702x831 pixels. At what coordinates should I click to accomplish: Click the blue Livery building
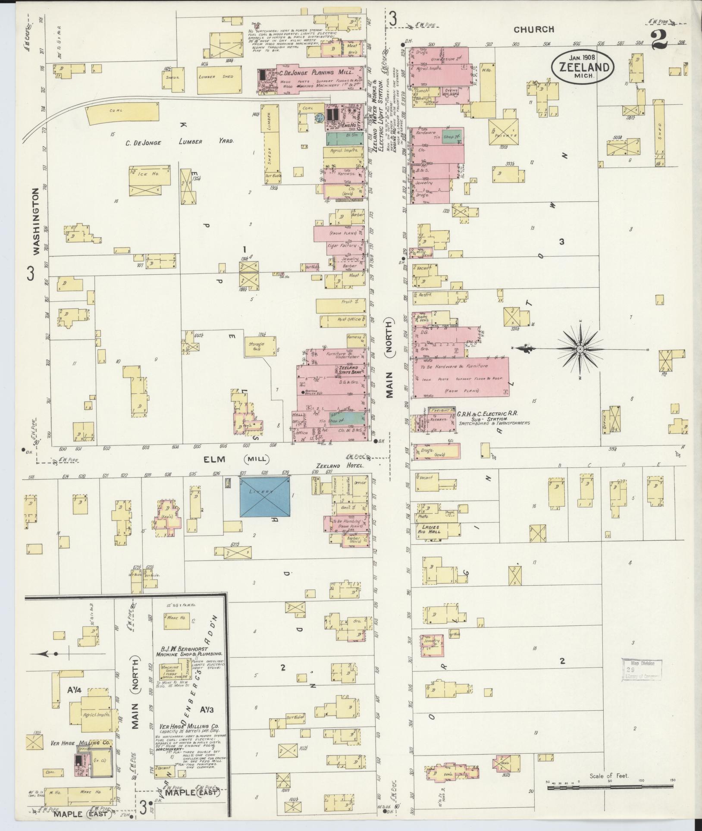click(264, 496)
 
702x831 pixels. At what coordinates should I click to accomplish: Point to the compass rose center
click(580, 348)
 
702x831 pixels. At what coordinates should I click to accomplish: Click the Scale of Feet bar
click(610, 787)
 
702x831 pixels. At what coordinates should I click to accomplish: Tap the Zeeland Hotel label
click(340, 466)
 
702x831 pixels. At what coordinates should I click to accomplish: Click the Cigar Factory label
click(343, 245)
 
